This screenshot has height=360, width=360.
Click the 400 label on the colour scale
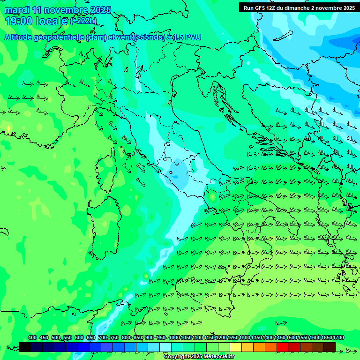click(x=32, y=337)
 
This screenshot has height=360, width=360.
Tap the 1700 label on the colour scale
click(x=338, y=337)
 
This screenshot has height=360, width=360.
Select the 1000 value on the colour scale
click(x=174, y=337)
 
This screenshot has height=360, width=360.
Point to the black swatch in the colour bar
click(x=25, y=347)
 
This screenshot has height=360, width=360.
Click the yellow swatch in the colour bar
click(x=236, y=347)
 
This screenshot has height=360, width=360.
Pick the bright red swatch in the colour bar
click(x=283, y=347)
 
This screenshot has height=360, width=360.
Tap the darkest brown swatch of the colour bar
click(x=330, y=347)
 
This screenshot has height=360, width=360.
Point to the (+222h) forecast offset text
click(x=83, y=21)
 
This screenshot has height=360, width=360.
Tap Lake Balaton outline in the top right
click(x=284, y=36)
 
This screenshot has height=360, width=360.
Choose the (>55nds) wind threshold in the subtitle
click(x=149, y=37)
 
